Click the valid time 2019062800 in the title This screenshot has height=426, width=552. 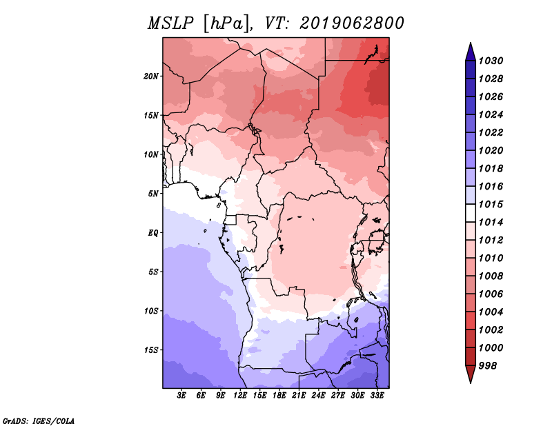point(352,23)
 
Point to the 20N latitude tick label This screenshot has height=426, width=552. point(151,76)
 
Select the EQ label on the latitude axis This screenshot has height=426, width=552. point(153,233)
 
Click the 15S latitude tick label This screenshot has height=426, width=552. point(151,350)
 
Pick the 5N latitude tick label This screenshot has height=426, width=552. point(153,194)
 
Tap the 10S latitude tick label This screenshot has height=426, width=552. point(151,311)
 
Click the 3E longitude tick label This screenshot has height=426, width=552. point(182,396)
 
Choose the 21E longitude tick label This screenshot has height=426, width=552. point(299,396)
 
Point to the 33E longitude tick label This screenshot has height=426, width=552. point(377,396)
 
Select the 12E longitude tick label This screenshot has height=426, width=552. point(241,396)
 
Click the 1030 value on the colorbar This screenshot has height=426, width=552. point(493,61)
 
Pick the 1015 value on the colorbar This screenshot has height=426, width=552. point(493,205)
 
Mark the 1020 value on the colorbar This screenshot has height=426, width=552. point(493,150)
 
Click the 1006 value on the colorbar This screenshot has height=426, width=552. point(493,294)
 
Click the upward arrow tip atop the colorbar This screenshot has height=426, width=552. point(470,45)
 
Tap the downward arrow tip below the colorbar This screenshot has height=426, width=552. point(470,381)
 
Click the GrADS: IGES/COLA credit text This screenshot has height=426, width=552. point(39,420)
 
